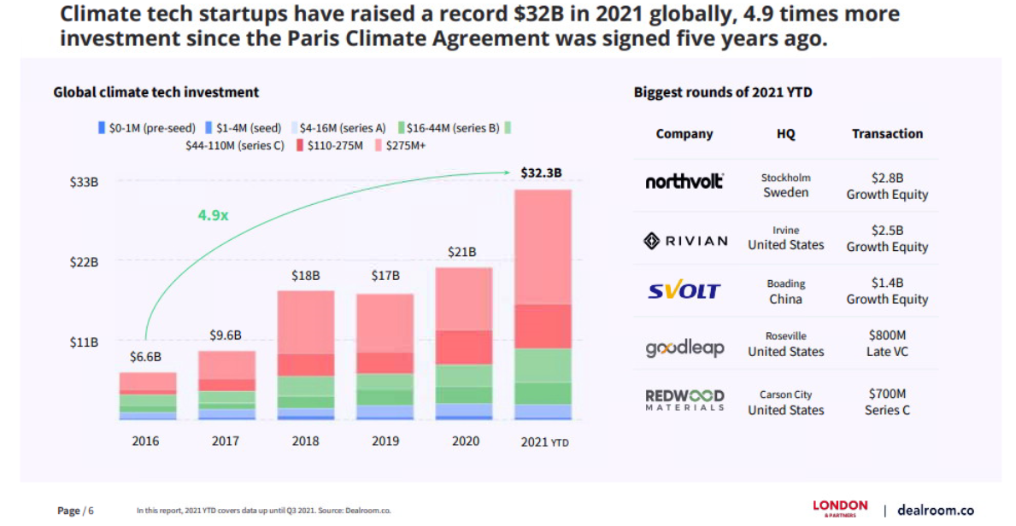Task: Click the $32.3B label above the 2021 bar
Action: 541,172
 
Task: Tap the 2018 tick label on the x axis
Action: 305,441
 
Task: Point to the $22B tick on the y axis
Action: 84,262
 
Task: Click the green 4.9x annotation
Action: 213,215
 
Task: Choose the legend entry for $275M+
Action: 401,146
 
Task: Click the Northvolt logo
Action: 684,181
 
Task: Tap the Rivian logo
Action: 685,241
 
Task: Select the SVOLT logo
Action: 684,291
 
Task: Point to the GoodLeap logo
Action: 684,348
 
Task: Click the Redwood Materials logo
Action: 684,400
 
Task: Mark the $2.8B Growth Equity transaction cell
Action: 887,186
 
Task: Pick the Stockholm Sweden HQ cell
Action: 785,185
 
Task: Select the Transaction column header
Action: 887,134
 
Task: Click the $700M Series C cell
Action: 887,402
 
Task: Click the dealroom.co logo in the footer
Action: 935,510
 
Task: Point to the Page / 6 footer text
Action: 75,511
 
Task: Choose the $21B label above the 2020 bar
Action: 462,252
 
